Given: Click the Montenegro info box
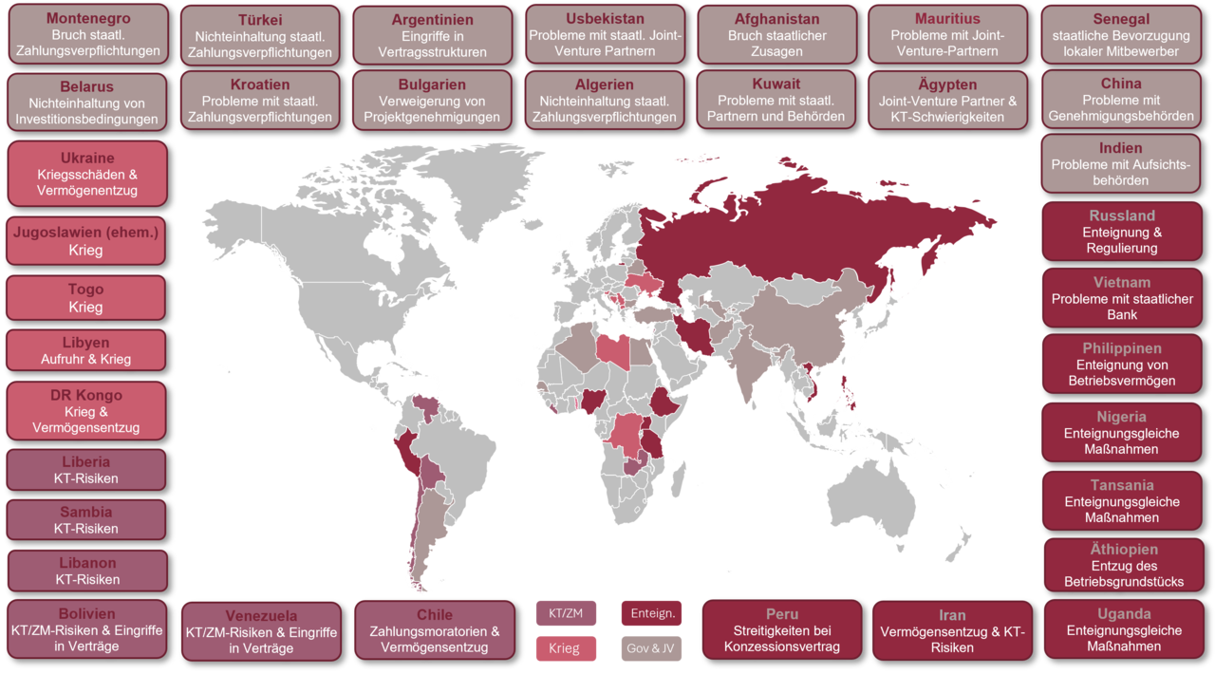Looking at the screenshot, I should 87,35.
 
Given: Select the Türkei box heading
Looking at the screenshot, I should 260,21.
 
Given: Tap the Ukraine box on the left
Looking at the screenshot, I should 87,174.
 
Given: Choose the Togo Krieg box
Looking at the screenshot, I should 87,298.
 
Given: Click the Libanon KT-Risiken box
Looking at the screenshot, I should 87,571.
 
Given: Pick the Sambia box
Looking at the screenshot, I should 87,519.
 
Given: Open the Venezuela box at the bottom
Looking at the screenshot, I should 261,631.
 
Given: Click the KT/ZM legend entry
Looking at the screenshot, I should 566,613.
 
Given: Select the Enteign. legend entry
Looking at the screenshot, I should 651,613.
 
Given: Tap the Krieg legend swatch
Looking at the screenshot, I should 566,649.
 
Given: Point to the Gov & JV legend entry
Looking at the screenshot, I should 651,649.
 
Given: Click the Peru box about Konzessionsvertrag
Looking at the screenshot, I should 781,629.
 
